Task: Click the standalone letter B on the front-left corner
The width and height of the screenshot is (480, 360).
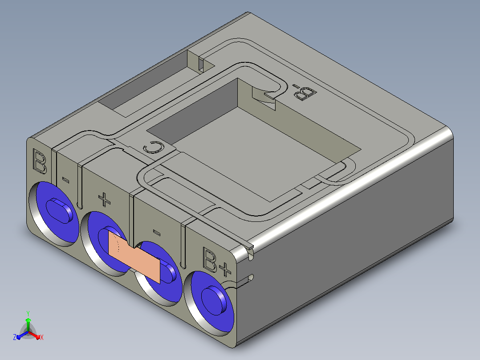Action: point(40,161)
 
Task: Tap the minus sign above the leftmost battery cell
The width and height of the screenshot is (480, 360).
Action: point(65,180)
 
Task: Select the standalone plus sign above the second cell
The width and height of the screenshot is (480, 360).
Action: point(104,199)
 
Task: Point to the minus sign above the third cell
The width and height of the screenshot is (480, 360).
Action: point(156,233)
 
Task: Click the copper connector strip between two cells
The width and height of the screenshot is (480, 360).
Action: point(134,257)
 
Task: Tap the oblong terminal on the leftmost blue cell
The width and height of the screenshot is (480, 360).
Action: point(60,210)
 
